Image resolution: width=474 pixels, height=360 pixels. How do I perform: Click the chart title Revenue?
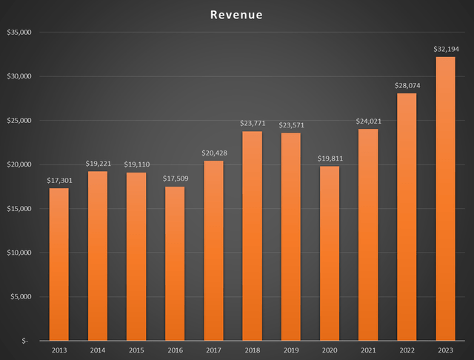236,15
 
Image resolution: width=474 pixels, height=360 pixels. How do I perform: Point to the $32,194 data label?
445,49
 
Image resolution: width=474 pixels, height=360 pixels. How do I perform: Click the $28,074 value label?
407,85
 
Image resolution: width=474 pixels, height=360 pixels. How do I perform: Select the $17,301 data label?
59,180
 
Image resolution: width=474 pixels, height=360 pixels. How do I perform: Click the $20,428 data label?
213,153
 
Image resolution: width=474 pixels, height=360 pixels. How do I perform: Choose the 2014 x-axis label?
98,350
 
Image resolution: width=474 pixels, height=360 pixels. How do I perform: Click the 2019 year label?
291,350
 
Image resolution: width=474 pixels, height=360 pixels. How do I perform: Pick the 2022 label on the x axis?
407,350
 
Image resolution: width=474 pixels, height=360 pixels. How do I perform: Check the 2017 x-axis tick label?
213,350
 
